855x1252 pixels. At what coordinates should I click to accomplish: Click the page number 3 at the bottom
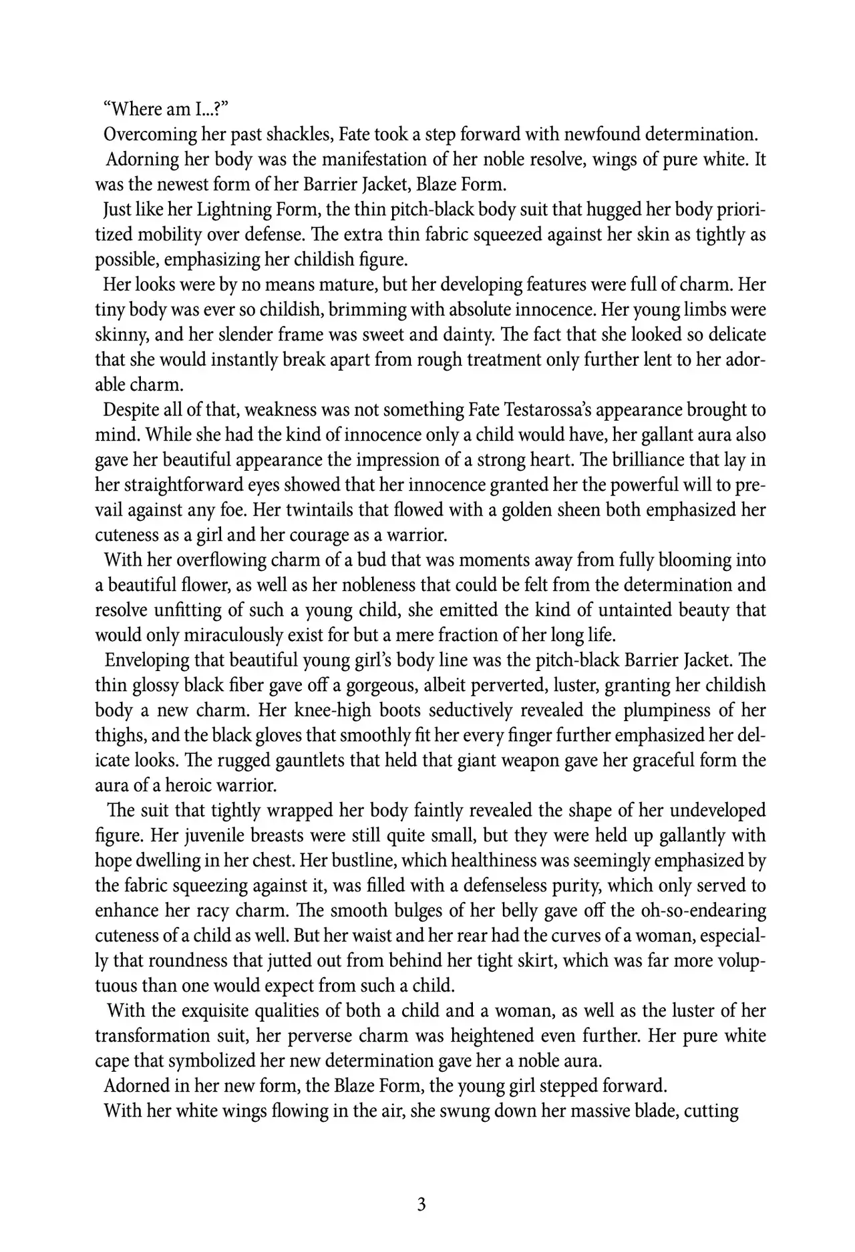(x=421, y=1205)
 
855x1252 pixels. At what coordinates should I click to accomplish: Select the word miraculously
(x=232, y=635)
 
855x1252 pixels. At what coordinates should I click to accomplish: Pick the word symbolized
(x=218, y=1061)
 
